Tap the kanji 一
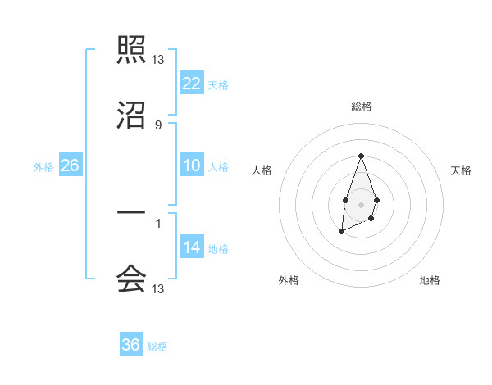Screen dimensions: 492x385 coord(131,213)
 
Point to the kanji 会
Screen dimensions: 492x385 coord(131,279)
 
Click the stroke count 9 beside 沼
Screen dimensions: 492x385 coord(158,125)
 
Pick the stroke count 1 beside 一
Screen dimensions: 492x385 coord(158,222)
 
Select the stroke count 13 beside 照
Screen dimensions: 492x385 coord(158,60)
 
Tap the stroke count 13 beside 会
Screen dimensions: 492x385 coord(158,289)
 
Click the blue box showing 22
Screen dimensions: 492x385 coord(192,83)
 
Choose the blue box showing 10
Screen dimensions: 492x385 coord(192,165)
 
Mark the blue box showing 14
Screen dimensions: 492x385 coord(192,247)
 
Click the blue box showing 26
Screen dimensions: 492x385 coord(70,165)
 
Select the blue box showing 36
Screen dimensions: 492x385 coord(131,345)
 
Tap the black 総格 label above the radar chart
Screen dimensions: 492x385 coord(361,106)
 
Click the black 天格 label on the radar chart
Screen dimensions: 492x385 coord(461,170)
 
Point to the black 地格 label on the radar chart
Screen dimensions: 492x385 coord(430,280)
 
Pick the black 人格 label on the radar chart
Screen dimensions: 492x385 coord(262,170)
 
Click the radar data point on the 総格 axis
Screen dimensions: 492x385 coord(361,156)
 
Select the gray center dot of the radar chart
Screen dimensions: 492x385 coord(361,203)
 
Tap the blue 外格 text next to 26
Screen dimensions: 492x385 coord(43,166)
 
